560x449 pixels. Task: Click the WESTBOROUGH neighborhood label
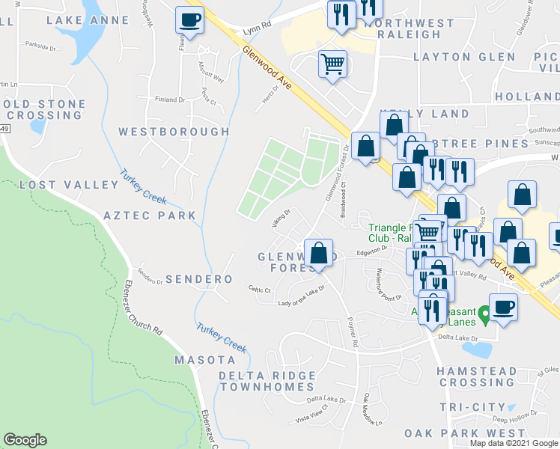(x=174, y=132)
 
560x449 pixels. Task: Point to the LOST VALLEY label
(x=59, y=185)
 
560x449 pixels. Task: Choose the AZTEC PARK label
(x=150, y=216)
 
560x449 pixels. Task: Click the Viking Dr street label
(x=280, y=218)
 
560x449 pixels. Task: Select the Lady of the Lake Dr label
(x=301, y=296)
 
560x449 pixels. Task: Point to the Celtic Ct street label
(x=260, y=290)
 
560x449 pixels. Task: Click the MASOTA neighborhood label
(x=201, y=360)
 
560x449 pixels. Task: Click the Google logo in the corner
(x=25, y=440)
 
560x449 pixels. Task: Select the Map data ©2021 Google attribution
(x=513, y=443)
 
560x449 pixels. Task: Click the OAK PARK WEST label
(x=464, y=433)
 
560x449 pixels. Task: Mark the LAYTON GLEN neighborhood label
(x=464, y=57)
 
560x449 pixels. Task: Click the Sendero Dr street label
(x=150, y=281)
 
